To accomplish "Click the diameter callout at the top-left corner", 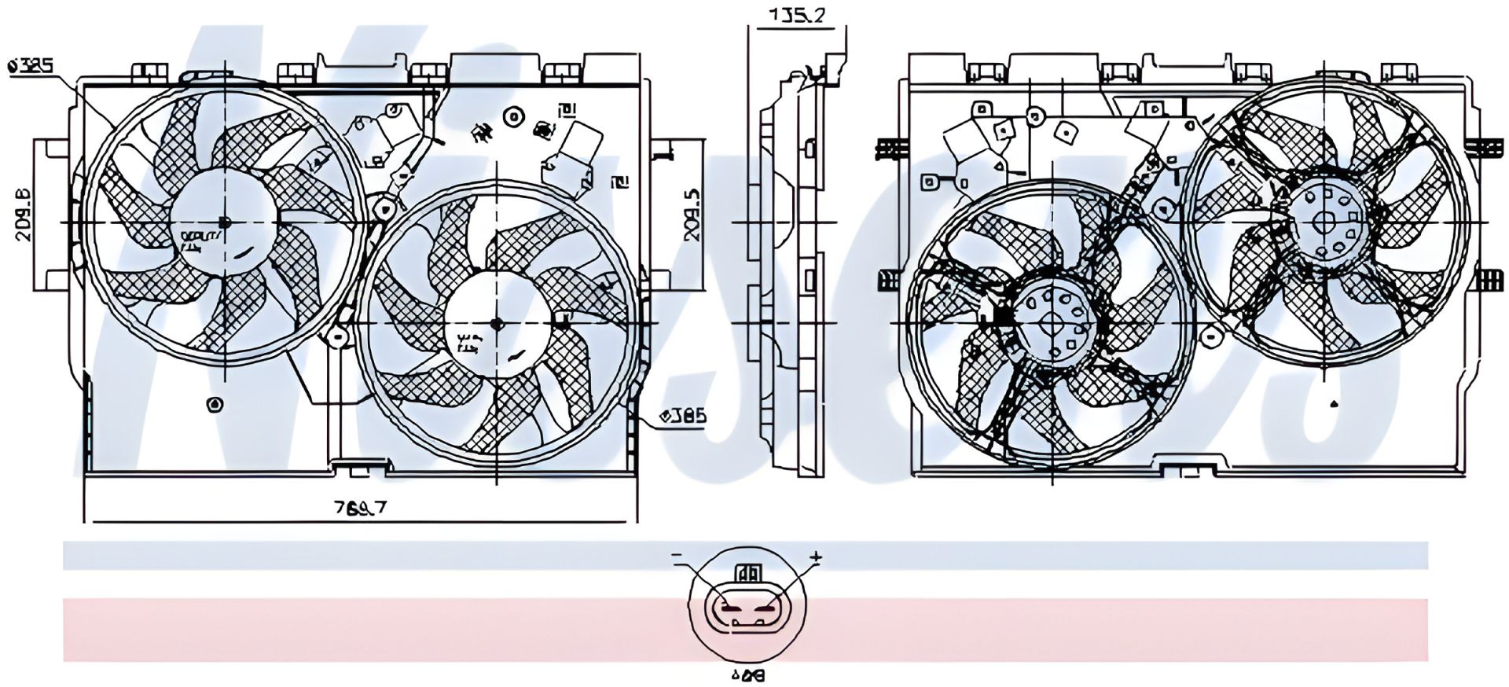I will point(31,67).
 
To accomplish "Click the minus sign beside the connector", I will point(677,557).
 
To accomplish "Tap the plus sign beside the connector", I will point(816,558).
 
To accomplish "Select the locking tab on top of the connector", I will point(747,571).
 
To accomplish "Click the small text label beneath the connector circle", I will point(747,674).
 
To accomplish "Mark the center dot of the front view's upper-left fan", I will point(224,222).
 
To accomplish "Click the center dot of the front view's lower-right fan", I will point(496,323).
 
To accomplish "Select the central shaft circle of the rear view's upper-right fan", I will point(1325,222).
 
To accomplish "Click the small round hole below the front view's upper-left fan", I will point(214,405).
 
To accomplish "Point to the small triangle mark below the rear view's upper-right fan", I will point(1334,405).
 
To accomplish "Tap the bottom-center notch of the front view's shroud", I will point(360,469).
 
